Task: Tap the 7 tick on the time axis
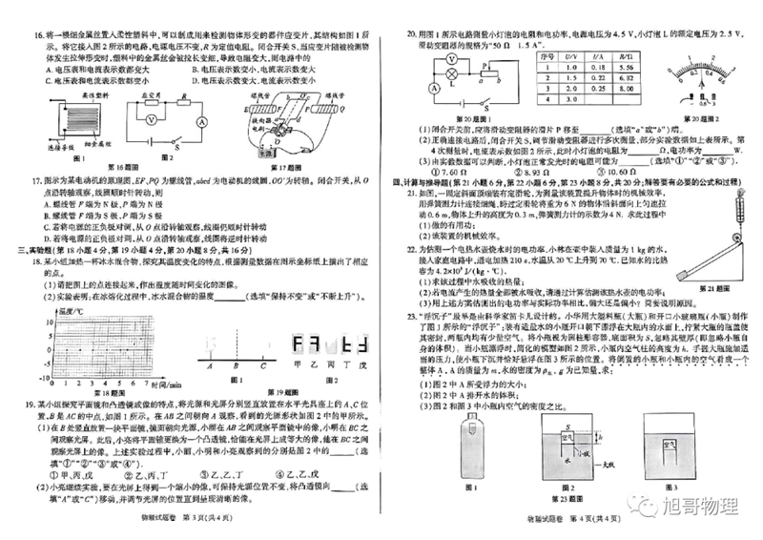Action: pos(145,384)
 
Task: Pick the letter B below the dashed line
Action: pos(235,365)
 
